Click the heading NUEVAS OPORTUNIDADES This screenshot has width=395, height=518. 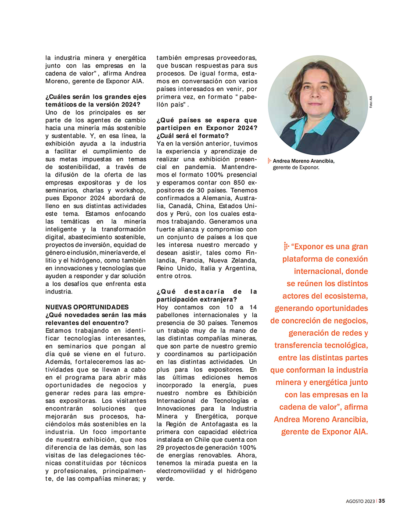point(87,307)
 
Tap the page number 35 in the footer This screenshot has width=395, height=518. point(382,501)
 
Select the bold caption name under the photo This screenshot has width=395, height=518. point(304,161)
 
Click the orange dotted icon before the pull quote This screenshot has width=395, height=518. point(286,247)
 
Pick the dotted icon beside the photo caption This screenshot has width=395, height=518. point(269,161)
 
